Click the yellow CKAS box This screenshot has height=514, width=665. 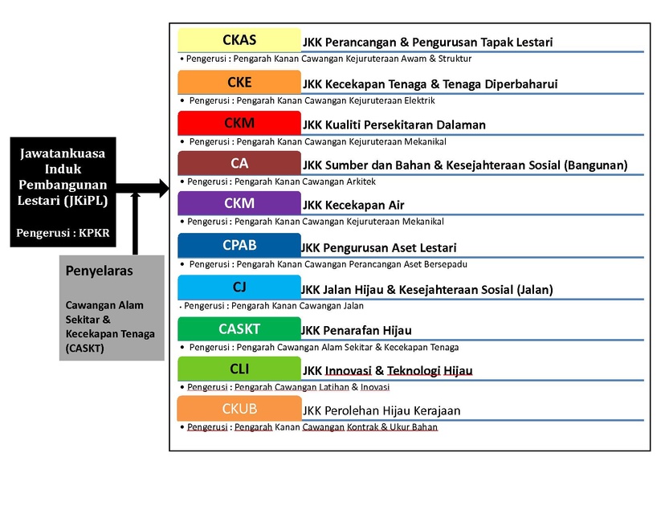pos(239,40)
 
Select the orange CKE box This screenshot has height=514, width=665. pos(239,82)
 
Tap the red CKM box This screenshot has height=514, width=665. pos(239,123)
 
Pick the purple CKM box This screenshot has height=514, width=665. pos(239,203)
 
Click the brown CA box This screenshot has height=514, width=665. pos(239,163)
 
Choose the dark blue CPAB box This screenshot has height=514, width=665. pos(239,245)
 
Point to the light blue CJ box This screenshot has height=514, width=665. pos(239,287)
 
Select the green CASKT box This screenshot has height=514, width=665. pos(239,328)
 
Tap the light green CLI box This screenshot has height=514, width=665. pos(239,369)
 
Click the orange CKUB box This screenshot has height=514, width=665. pos(239,409)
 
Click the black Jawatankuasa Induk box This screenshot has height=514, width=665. pos(63,192)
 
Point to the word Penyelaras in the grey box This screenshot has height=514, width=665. pos(99,271)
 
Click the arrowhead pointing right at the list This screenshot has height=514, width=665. pos(165,188)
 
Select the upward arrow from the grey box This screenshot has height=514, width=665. pos(135,223)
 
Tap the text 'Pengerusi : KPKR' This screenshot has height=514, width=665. pos(63,233)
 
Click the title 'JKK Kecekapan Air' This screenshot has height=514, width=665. pos(353,206)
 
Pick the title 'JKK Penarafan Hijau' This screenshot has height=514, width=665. pos(357,330)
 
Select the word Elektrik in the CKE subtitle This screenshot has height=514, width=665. pos(419,100)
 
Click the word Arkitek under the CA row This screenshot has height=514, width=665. pos(360,182)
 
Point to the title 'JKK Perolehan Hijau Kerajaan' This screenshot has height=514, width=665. pos(381,410)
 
